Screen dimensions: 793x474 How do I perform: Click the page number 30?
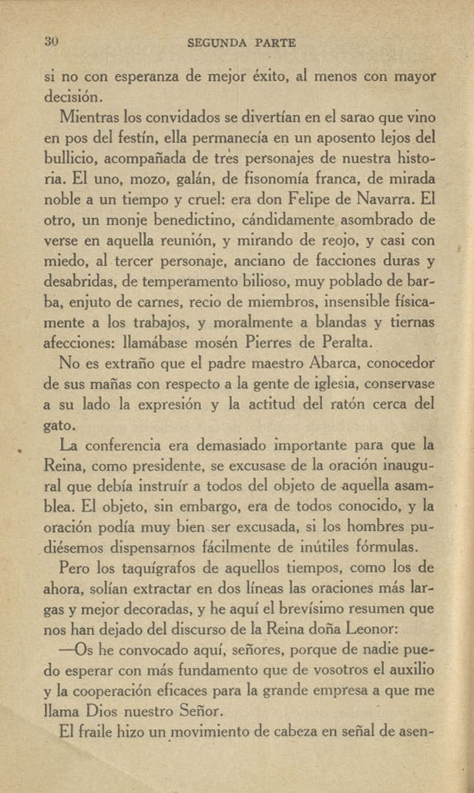(x=52, y=42)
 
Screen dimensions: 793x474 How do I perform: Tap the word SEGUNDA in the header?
(x=218, y=44)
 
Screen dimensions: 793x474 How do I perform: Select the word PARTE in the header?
(x=274, y=44)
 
